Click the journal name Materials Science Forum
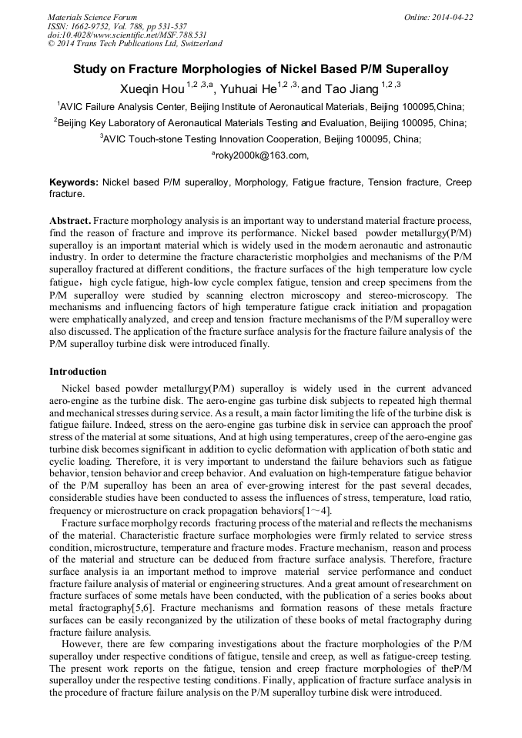(92, 17)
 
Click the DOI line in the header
(127, 35)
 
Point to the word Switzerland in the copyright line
(197, 44)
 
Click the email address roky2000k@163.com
(261, 155)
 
